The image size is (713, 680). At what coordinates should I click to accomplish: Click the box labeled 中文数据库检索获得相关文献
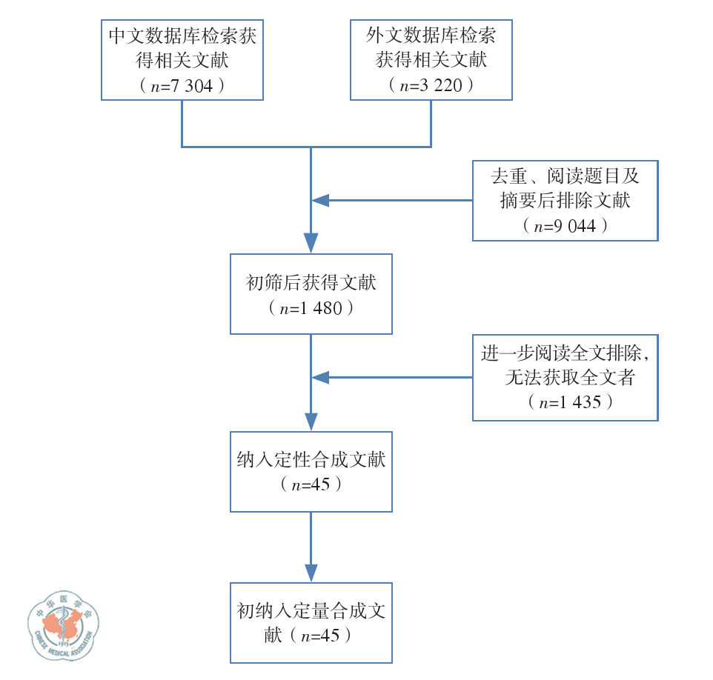(x=182, y=60)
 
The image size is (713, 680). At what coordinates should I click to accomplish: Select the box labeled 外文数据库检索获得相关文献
(x=431, y=60)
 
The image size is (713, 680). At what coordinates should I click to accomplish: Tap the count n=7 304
(x=182, y=86)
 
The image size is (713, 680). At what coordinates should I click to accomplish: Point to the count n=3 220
(x=431, y=86)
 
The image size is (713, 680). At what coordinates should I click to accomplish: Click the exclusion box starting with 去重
(x=565, y=201)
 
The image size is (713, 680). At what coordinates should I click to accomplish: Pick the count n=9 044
(x=565, y=226)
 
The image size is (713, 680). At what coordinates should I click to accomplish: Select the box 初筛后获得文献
(x=311, y=293)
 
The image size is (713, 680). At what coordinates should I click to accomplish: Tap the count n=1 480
(x=311, y=308)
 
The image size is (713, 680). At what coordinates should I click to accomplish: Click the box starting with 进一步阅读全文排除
(x=565, y=379)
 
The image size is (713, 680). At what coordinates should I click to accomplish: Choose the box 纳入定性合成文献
(x=311, y=472)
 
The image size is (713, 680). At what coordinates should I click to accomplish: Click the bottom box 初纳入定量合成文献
(x=311, y=623)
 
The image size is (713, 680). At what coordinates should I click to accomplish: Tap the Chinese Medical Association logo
(x=63, y=624)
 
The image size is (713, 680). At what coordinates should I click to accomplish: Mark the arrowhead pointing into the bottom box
(x=311, y=573)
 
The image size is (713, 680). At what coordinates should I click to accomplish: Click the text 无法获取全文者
(x=569, y=378)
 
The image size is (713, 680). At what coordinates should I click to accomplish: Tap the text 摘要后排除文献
(x=565, y=201)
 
